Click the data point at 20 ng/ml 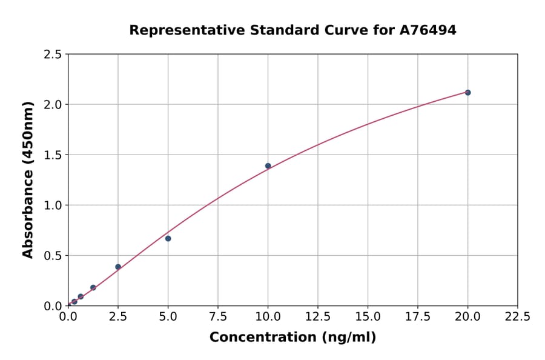[467, 93]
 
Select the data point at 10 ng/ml [268, 166]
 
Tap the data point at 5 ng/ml [168, 238]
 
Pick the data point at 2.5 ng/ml [118, 267]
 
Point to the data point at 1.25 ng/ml [93, 288]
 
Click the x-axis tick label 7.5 [218, 317]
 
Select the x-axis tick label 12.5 [318, 317]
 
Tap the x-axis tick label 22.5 [517, 317]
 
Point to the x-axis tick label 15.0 [368, 317]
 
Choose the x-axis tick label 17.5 [417, 317]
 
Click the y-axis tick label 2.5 [53, 55]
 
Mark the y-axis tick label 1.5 [53, 155]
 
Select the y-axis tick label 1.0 [53, 205]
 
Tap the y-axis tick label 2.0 [53, 105]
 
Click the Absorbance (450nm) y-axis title [28, 180]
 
